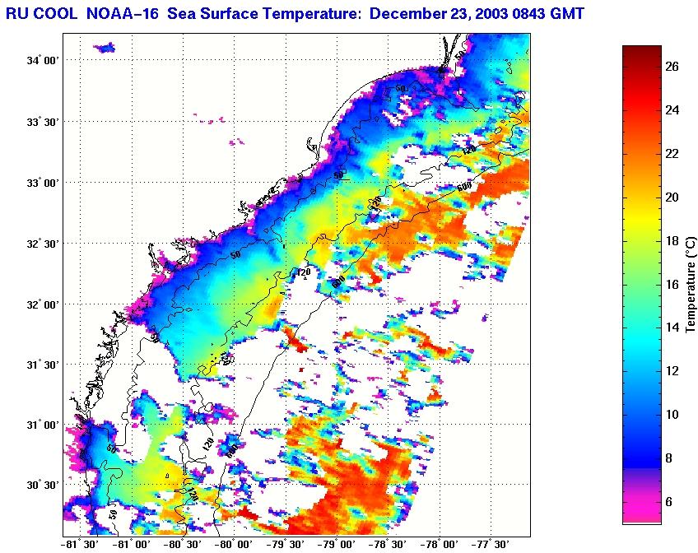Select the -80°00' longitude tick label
(x=234, y=544)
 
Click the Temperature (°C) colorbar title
(x=691, y=284)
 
